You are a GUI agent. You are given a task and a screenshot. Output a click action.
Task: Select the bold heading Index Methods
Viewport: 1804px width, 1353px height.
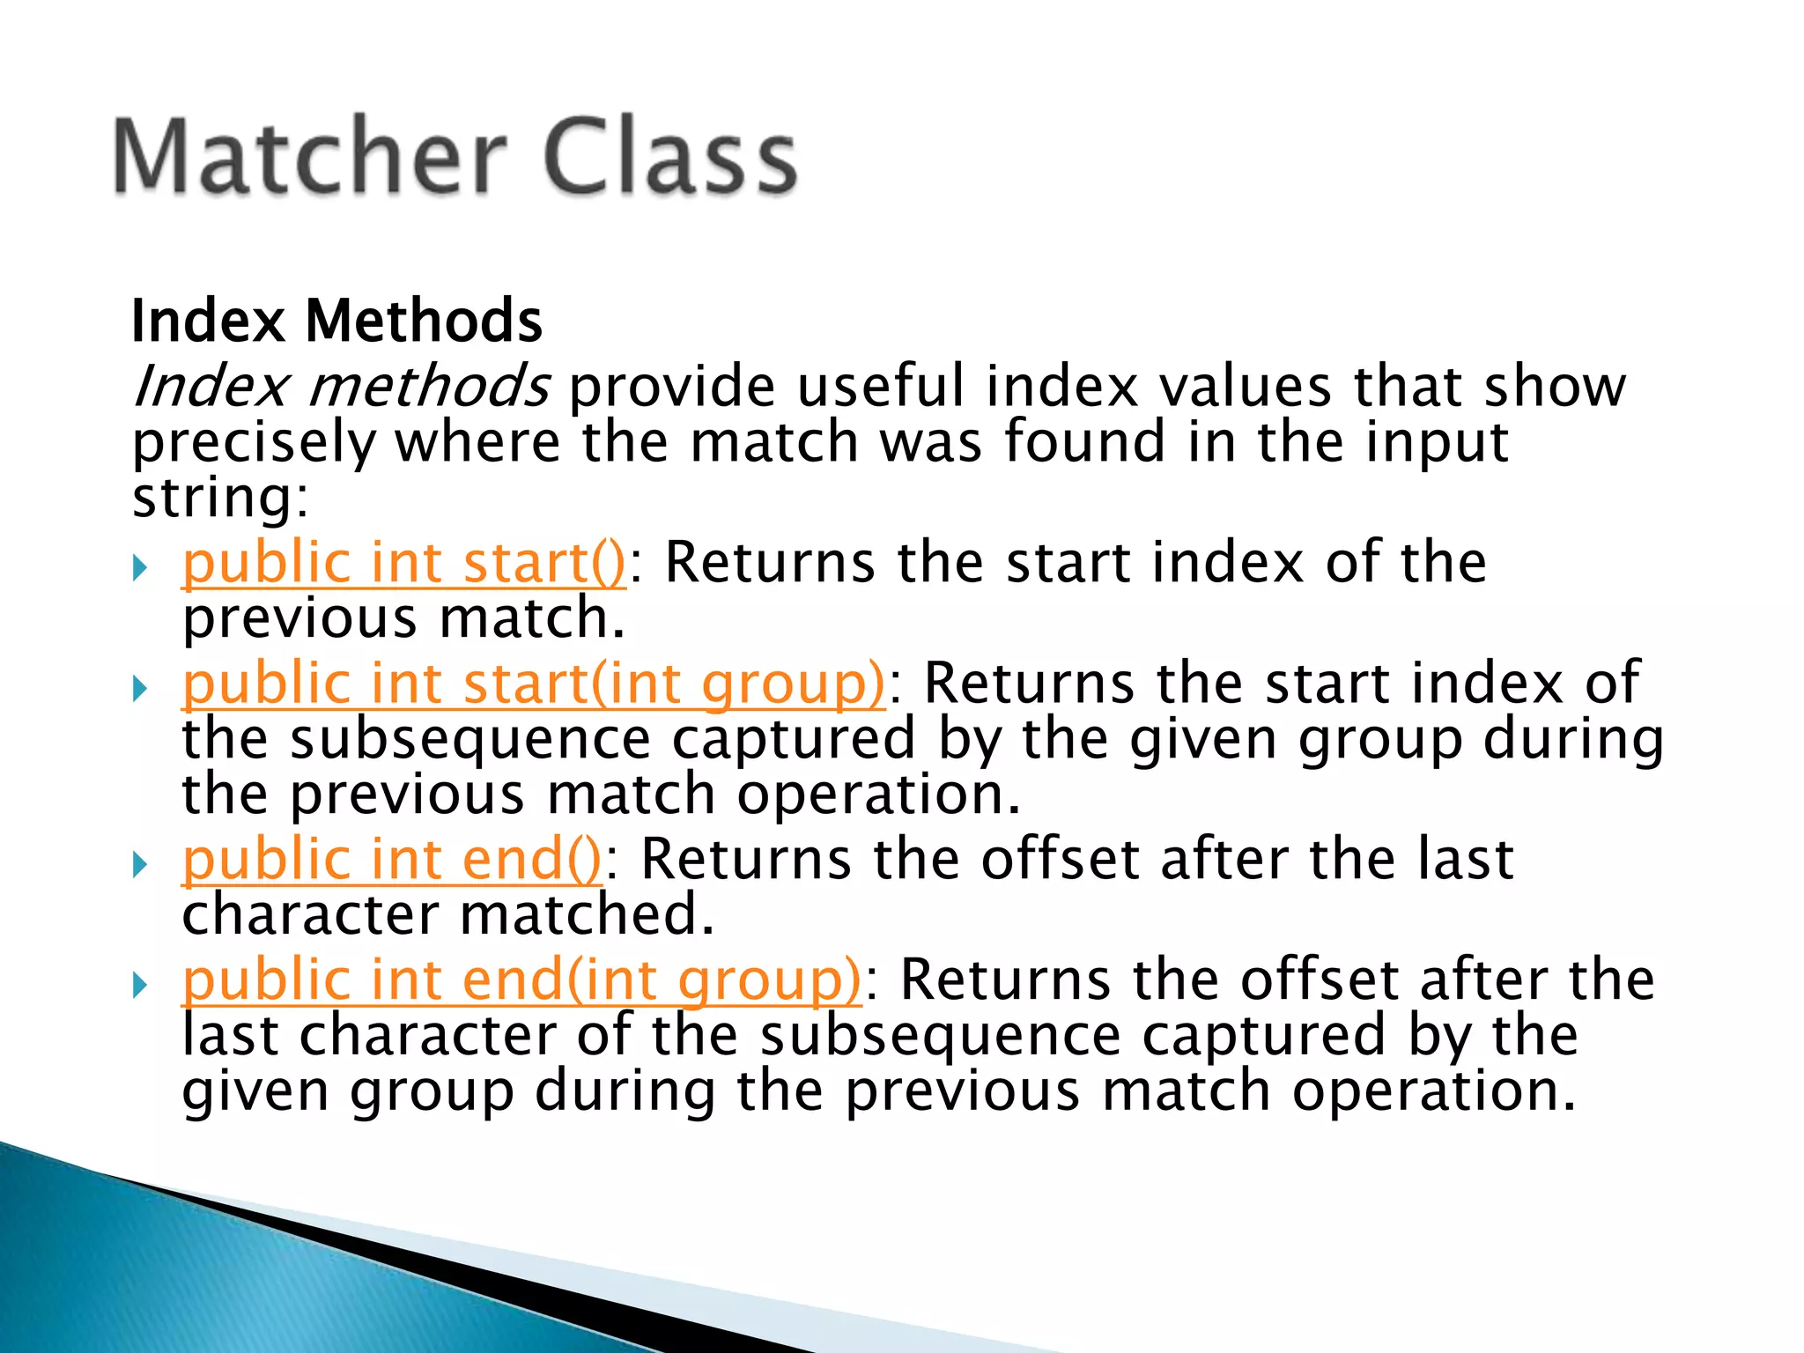click(x=336, y=321)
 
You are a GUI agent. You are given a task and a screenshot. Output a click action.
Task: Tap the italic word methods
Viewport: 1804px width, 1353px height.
click(x=429, y=388)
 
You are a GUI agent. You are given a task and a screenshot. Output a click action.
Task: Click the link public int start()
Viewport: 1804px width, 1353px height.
click(x=403, y=564)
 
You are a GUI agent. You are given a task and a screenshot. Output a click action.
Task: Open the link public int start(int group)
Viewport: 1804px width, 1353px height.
click(x=533, y=684)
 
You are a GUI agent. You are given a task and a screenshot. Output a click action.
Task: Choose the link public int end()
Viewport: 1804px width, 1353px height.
click(x=392, y=860)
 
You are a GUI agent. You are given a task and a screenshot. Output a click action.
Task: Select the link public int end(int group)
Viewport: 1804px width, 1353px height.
click(x=521, y=980)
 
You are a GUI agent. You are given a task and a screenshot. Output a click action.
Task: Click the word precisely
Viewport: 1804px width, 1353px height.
click(x=254, y=443)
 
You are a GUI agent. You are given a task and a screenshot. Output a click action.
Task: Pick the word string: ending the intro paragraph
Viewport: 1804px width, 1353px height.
click(x=220, y=498)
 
